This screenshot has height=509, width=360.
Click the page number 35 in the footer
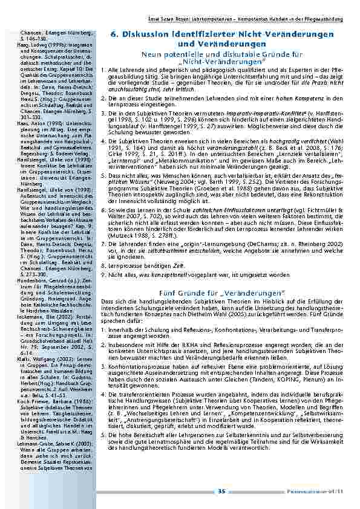coord(222,490)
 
